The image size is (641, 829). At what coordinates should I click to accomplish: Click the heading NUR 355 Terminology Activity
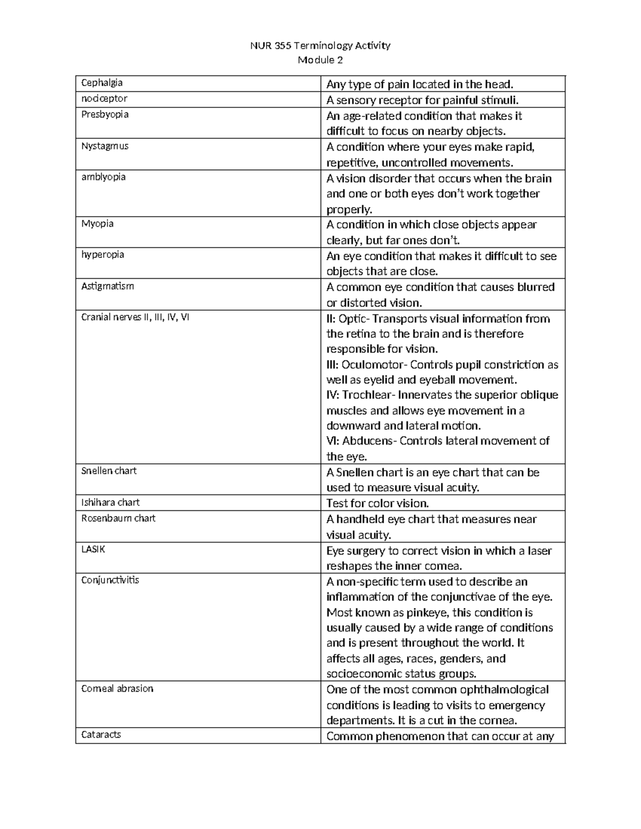[320, 45]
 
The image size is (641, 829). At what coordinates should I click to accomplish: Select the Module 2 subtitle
[320, 60]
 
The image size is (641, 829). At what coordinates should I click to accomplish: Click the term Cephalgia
[101, 83]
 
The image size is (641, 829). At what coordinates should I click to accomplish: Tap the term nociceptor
[104, 98]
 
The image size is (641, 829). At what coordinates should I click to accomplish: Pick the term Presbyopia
[105, 114]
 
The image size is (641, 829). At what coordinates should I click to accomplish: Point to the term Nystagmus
[105, 146]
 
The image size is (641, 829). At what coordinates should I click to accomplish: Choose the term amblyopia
[103, 177]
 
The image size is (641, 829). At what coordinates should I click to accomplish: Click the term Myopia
[97, 223]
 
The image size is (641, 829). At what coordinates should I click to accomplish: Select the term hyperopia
[103, 255]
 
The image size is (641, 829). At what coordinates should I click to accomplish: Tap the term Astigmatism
[107, 286]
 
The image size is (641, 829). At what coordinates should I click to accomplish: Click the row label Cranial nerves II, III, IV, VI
[135, 317]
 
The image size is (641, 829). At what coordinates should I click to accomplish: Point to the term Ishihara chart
[110, 502]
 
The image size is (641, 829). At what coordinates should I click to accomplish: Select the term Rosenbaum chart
[118, 518]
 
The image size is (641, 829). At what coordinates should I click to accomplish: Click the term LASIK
[93, 549]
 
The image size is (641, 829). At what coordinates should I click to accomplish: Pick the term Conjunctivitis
[110, 580]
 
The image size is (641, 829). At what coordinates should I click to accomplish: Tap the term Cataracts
[101, 735]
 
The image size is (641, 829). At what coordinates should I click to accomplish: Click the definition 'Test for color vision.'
[378, 503]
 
